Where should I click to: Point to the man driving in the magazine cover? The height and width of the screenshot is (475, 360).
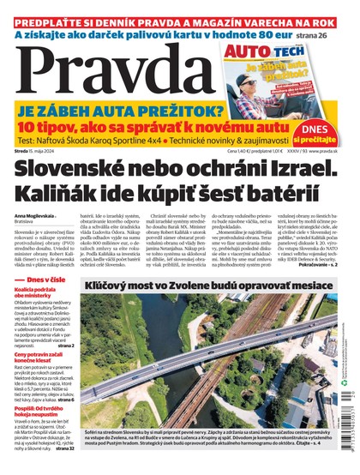pyautogui.click(x=301, y=81)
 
